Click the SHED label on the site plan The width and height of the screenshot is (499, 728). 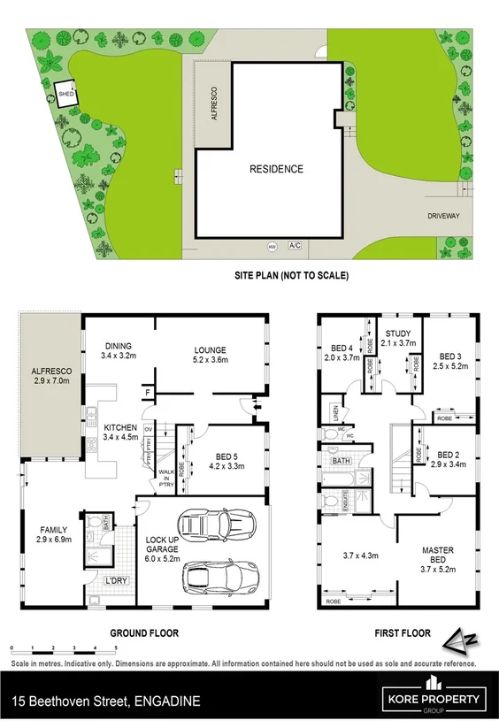tap(65, 92)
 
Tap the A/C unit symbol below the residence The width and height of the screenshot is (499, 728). tap(295, 247)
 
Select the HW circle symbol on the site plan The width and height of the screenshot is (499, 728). tap(273, 247)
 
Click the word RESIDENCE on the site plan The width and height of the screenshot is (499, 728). tap(276, 169)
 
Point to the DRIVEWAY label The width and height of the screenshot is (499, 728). tap(447, 214)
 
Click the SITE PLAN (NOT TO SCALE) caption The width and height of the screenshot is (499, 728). tap(291, 276)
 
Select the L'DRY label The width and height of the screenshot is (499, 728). tap(115, 580)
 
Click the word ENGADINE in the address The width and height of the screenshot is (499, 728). tap(167, 701)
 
